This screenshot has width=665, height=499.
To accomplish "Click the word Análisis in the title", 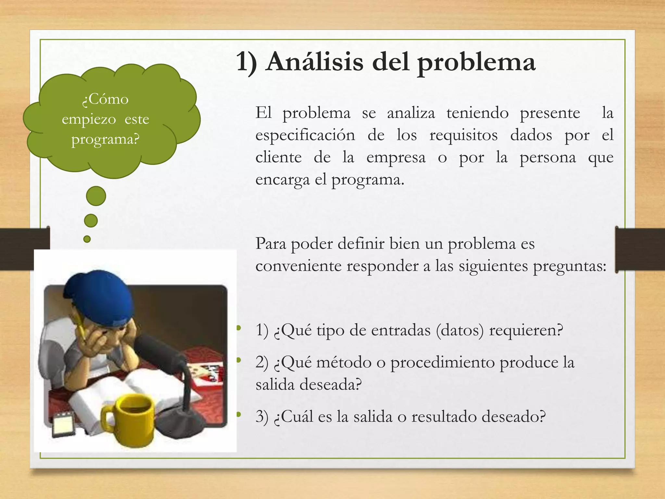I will pos(314,62).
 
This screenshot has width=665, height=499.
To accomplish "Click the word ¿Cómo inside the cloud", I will pos(105,99).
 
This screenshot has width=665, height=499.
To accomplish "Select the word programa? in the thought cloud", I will pos(105,139).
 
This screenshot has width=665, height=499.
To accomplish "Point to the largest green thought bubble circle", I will pos(96,196).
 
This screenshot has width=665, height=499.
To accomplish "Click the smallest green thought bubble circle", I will pos(87,239).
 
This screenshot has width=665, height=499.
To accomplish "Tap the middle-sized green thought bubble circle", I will pos(91,221).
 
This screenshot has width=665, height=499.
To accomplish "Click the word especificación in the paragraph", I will pos(305,135).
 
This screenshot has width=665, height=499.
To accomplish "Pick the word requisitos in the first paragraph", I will pos(463,135).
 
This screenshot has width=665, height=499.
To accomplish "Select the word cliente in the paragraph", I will pos(278,158).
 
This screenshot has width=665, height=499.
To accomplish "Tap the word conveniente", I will pos(299,266).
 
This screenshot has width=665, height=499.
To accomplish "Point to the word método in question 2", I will pos(344,362).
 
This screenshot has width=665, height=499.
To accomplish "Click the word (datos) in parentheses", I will pos(460,330).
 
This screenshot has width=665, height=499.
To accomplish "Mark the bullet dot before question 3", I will pos(239,414).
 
